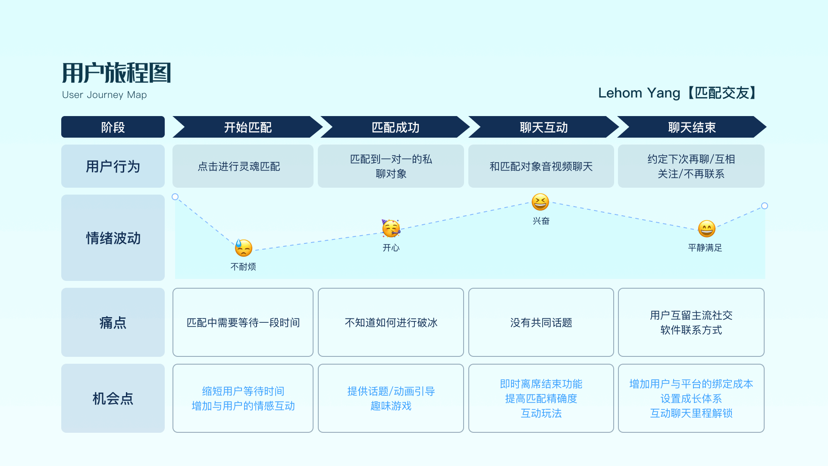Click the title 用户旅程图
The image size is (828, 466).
pyautogui.click(x=116, y=72)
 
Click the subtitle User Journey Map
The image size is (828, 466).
pyautogui.click(x=104, y=95)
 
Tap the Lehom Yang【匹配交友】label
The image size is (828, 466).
pyautogui.click(x=678, y=93)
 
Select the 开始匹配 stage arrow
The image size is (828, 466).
pyautogui.click(x=248, y=127)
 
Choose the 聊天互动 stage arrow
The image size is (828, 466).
pyautogui.click(x=543, y=127)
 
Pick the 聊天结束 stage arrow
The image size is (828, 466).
pyautogui.click(x=692, y=127)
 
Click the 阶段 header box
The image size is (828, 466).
pyautogui.click(x=113, y=127)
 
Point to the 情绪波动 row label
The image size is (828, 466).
pyautogui.click(x=113, y=238)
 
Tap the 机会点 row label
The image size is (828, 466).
pyautogui.click(x=113, y=398)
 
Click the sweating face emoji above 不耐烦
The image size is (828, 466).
pyautogui.click(x=244, y=248)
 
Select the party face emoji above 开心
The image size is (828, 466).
pyautogui.click(x=391, y=228)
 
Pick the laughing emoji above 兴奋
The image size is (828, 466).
pyautogui.click(x=540, y=202)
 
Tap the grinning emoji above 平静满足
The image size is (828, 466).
pyautogui.click(x=706, y=229)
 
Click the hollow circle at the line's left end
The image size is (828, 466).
pyautogui.click(x=175, y=197)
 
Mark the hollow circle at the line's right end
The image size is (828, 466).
pyautogui.click(x=765, y=206)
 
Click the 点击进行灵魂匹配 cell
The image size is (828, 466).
pyautogui.click(x=239, y=167)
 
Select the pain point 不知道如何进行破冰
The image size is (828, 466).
pyautogui.click(x=391, y=323)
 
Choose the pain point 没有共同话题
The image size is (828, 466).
pyautogui.click(x=541, y=323)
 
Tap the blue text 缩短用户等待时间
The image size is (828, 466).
pyautogui.click(x=243, y=391)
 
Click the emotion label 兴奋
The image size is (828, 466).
pyautogui.click(x=541, y=221)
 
